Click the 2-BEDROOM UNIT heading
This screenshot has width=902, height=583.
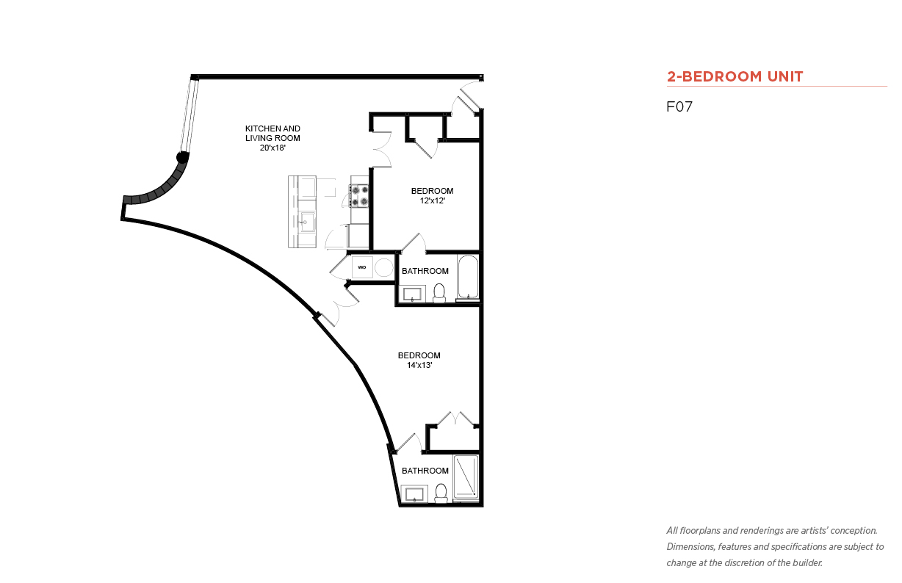pyautogui.click(x=735, y=76)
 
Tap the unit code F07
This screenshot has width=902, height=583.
pyautogui.click(x=679, y=106)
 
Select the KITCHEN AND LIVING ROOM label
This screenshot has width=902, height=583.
pyautogui.click(x=273, y=134)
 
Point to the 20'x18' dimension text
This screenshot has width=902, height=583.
pyautogui.click(x=273, y=148)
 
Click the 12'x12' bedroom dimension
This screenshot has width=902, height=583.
pyautogui.click(x=433, y=200)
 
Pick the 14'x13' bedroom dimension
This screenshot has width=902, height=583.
pyautogui.click(x=419, y=365)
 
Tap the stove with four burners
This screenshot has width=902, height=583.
pyautogui.click(x=358, y=195)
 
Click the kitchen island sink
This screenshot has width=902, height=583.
pyautogui.click(x=306, y=222)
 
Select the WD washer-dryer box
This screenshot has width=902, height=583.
pyautogui.click(x=362, y=267)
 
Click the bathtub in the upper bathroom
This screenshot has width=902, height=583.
pyautogui.click(x=468, y=277)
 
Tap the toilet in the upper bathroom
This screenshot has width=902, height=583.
pyautogui.click(x=439, y=293)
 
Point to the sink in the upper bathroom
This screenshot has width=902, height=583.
pyautogui.click(x=412, y=294)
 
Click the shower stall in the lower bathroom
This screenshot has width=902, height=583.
pyautogui.click(x=466, y=477)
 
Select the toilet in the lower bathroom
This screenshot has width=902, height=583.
pyautogui.click(x=441, y=493)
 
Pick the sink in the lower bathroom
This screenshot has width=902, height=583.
pyautogui.click(x=414, y=494)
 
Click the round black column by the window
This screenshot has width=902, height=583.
pyautogui.click(x=182, y=157)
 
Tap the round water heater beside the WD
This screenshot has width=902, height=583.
pyautogui.click(x=383, y=268)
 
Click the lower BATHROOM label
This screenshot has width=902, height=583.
pyautogui.click(x=425, y=471)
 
